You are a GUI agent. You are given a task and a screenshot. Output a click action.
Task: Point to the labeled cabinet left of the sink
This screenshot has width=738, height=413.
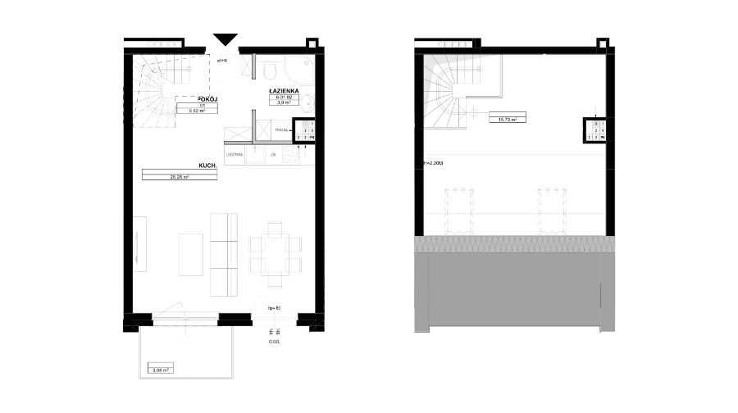234,154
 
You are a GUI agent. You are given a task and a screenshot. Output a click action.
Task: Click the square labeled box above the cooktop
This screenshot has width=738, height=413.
280,129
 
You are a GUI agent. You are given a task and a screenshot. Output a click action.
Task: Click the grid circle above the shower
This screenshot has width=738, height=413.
312,44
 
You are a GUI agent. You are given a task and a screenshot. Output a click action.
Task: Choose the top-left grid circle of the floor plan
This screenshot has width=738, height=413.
171,44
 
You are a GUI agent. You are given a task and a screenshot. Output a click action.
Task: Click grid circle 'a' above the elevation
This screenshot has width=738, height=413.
462,44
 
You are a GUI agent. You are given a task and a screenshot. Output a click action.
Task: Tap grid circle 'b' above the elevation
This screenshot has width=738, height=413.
603,44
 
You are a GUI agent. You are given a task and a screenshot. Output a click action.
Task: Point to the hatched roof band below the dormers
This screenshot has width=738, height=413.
515,244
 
